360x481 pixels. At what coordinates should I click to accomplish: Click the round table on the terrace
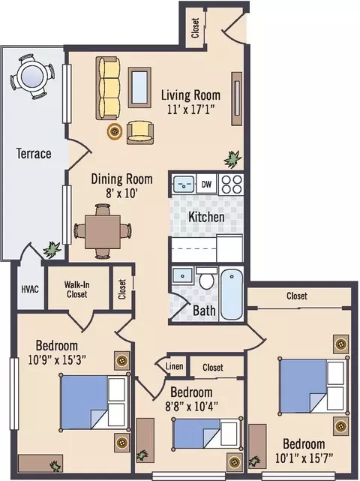(x=32, y=77)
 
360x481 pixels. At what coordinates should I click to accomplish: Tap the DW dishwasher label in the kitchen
(x=206, y=184)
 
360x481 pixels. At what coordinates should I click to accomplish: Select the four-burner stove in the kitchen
(x=231, y=184)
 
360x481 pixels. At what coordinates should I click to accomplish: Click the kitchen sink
(x=183, y=184)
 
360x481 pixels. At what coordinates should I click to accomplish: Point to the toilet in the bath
(x=207, y=278)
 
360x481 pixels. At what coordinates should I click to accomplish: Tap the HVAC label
(x=30, y=289)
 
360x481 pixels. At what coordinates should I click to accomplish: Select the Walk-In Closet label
(x=76, y=289)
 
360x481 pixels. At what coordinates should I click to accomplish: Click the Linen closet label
(x=174, y=366)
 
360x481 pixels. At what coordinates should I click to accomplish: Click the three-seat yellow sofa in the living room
(x=108, y=89)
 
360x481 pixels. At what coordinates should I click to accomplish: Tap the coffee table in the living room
(x=139, y=88)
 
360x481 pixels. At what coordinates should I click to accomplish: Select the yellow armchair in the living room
(x=140, y=133)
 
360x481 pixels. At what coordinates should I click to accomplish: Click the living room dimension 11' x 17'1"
(x=190, y=110)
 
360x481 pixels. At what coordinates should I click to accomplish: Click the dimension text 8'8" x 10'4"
(x=191, y=407)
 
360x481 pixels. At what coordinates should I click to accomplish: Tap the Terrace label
(x=34, y=153)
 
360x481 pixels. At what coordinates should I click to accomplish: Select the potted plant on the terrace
(x=52, y=249)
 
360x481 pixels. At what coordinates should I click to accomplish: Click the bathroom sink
(x=183, y=276)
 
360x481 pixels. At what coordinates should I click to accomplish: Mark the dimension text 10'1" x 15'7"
(x=304, y=458)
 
